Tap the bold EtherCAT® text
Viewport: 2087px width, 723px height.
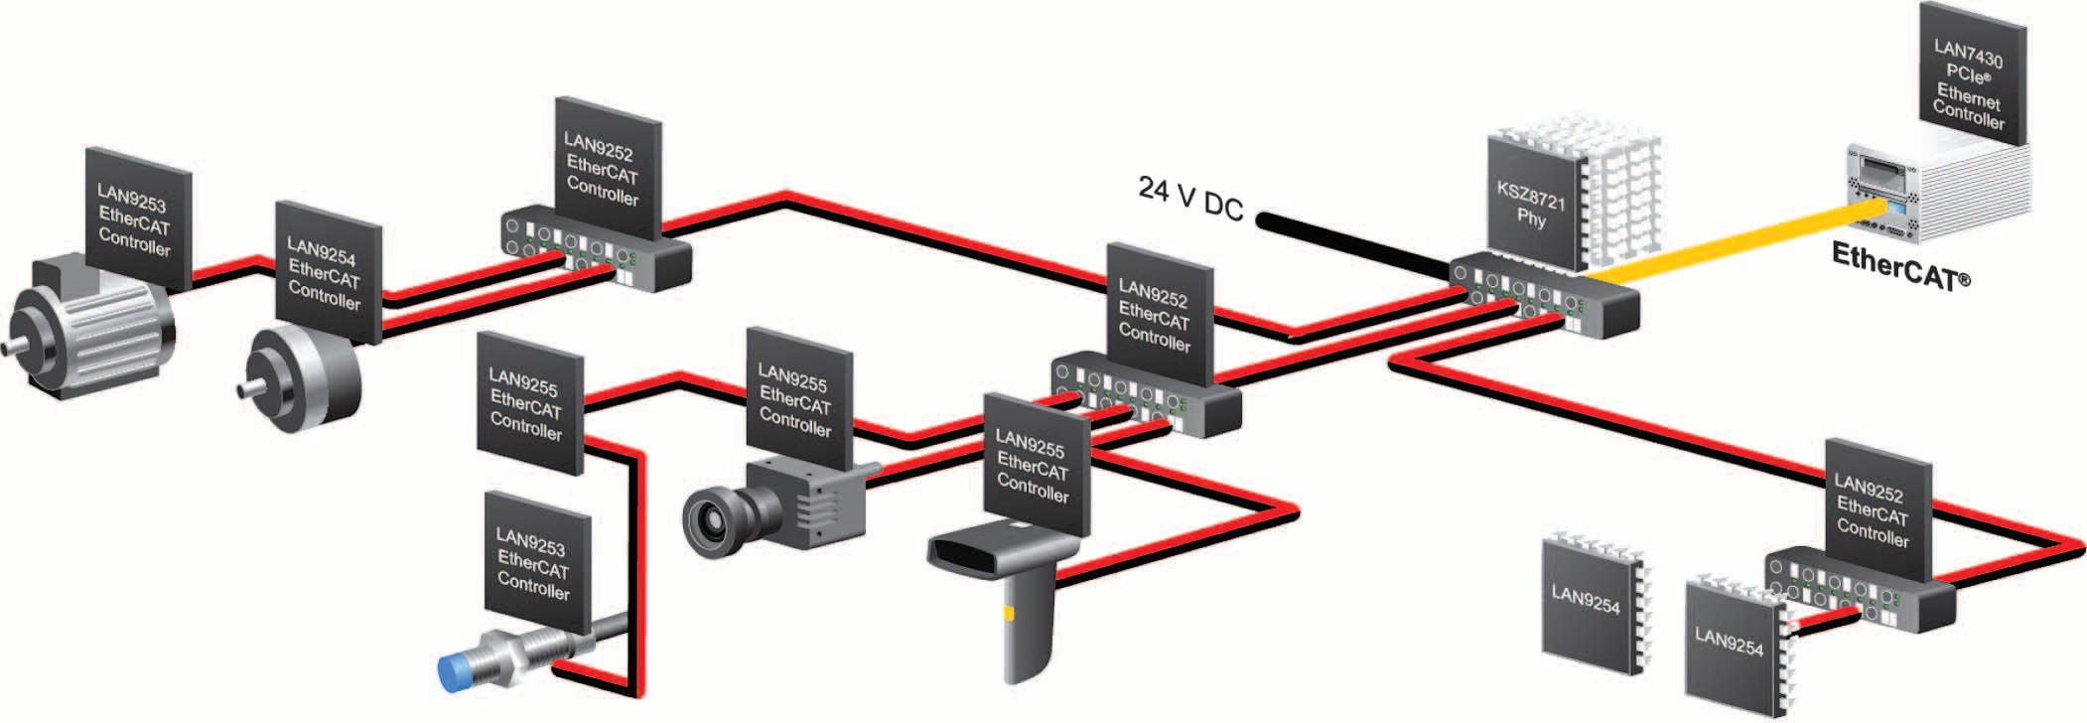point(1899,266)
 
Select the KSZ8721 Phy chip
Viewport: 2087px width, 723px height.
point(1532,204)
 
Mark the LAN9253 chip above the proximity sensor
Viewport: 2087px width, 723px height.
point(534,562)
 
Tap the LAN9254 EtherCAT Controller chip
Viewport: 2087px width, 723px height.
point(325,272)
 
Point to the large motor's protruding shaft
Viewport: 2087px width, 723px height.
point(20,348)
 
